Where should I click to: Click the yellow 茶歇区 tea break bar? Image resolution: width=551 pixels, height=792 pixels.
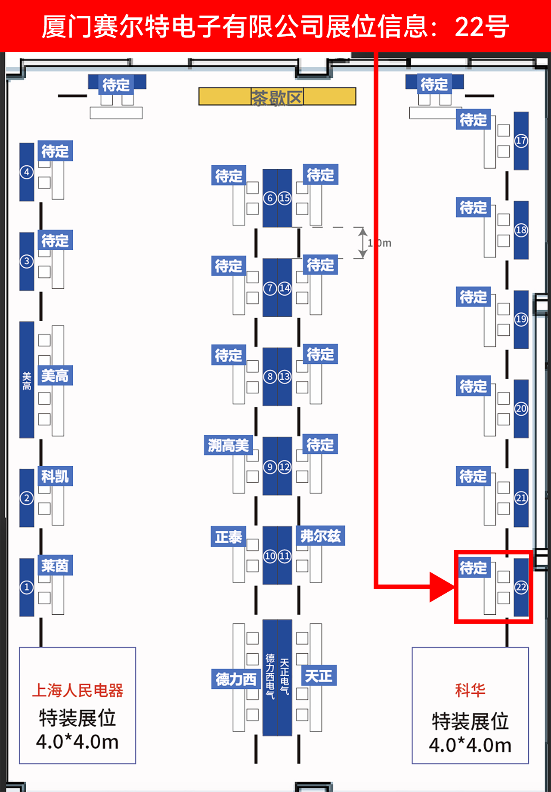click(277, 97)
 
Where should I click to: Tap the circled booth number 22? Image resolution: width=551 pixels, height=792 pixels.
click(521, 587)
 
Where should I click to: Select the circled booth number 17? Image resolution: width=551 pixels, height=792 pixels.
click(521, 140)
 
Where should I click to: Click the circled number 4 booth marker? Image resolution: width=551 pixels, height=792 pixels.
click(27, 172)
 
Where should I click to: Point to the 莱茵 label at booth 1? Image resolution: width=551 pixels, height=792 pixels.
click(55, 565)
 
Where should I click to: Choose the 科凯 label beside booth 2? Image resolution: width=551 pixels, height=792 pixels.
click(55, 476)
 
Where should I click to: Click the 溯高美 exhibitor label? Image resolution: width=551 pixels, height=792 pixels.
click(228, 445)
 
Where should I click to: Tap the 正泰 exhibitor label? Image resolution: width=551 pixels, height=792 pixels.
click(228, 537)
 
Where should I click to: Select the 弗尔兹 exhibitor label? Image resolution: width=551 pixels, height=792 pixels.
click(320, 536)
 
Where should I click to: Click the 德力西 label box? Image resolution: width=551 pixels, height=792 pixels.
click(235, 679)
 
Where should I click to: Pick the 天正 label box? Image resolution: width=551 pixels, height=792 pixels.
click(319, 676)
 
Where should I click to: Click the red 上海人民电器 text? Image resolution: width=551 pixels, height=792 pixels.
click(77, 690)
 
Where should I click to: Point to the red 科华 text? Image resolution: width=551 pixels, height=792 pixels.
click(470, 690)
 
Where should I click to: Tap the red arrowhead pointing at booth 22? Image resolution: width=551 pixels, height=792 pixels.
click(441, 587)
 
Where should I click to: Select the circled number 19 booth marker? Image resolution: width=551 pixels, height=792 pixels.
click(521, 319)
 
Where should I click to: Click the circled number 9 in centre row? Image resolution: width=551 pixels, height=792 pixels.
click(270, 467)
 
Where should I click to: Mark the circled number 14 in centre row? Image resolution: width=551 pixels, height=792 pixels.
click(285, 288)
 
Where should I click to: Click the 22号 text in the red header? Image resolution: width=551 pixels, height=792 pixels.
click(482, 27)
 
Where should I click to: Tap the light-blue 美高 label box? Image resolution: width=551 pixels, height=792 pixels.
click(55, 376)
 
